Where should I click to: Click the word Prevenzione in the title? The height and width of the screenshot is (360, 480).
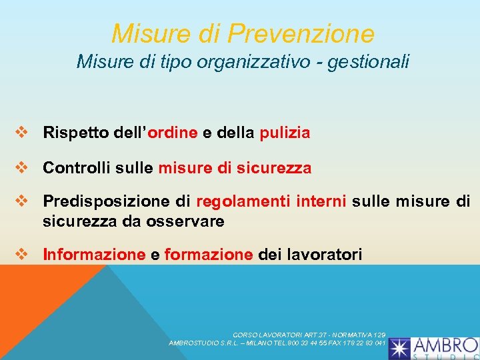point(301,33)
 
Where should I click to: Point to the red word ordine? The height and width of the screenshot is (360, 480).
point(173,133)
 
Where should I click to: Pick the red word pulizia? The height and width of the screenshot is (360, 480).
point(285,133)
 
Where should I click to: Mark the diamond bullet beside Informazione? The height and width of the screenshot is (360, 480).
point(21,254)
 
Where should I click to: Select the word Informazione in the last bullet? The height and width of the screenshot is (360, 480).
point(93,254)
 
